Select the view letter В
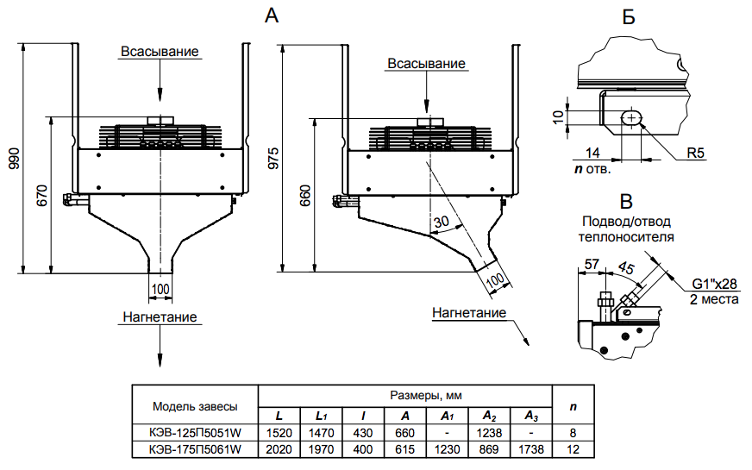pyautogui.click(x=627, y=203)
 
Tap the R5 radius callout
pyautogui.click(x=697, y=154)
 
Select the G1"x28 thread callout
pyautogui.click(x=714, y=284)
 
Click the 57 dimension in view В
pyautogui.click(x=592, y=263)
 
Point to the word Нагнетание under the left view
pyautogui.click(x=160, y=317)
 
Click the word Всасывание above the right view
pyautogui.click(x=426, y=65)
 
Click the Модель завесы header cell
pyautogui.click(x=195, y=404)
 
